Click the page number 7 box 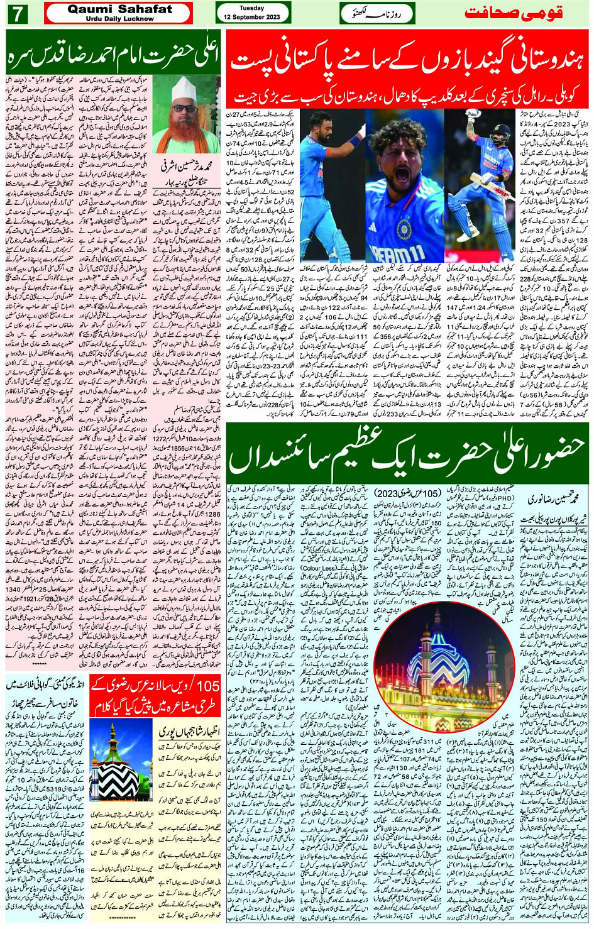click(17, 13)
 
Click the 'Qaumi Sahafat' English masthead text click(119, 9)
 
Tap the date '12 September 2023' click(252, 17)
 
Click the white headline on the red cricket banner click(409, 62)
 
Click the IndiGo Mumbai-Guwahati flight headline click(44, 691)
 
